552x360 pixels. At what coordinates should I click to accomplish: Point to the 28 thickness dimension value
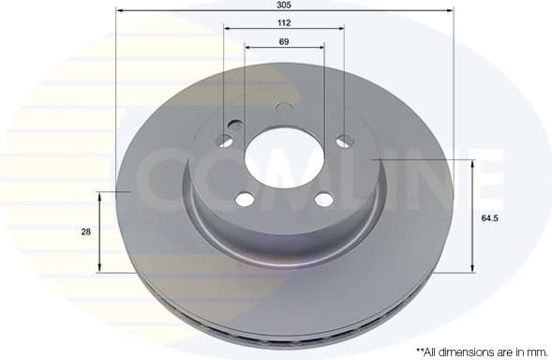86,232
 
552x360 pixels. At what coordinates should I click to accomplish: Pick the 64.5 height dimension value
487,217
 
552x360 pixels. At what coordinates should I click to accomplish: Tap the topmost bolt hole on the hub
284,108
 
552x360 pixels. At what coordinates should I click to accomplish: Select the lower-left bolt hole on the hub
244,199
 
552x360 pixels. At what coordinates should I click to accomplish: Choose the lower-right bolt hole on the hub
323,199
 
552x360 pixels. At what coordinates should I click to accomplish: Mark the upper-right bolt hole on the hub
345,141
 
